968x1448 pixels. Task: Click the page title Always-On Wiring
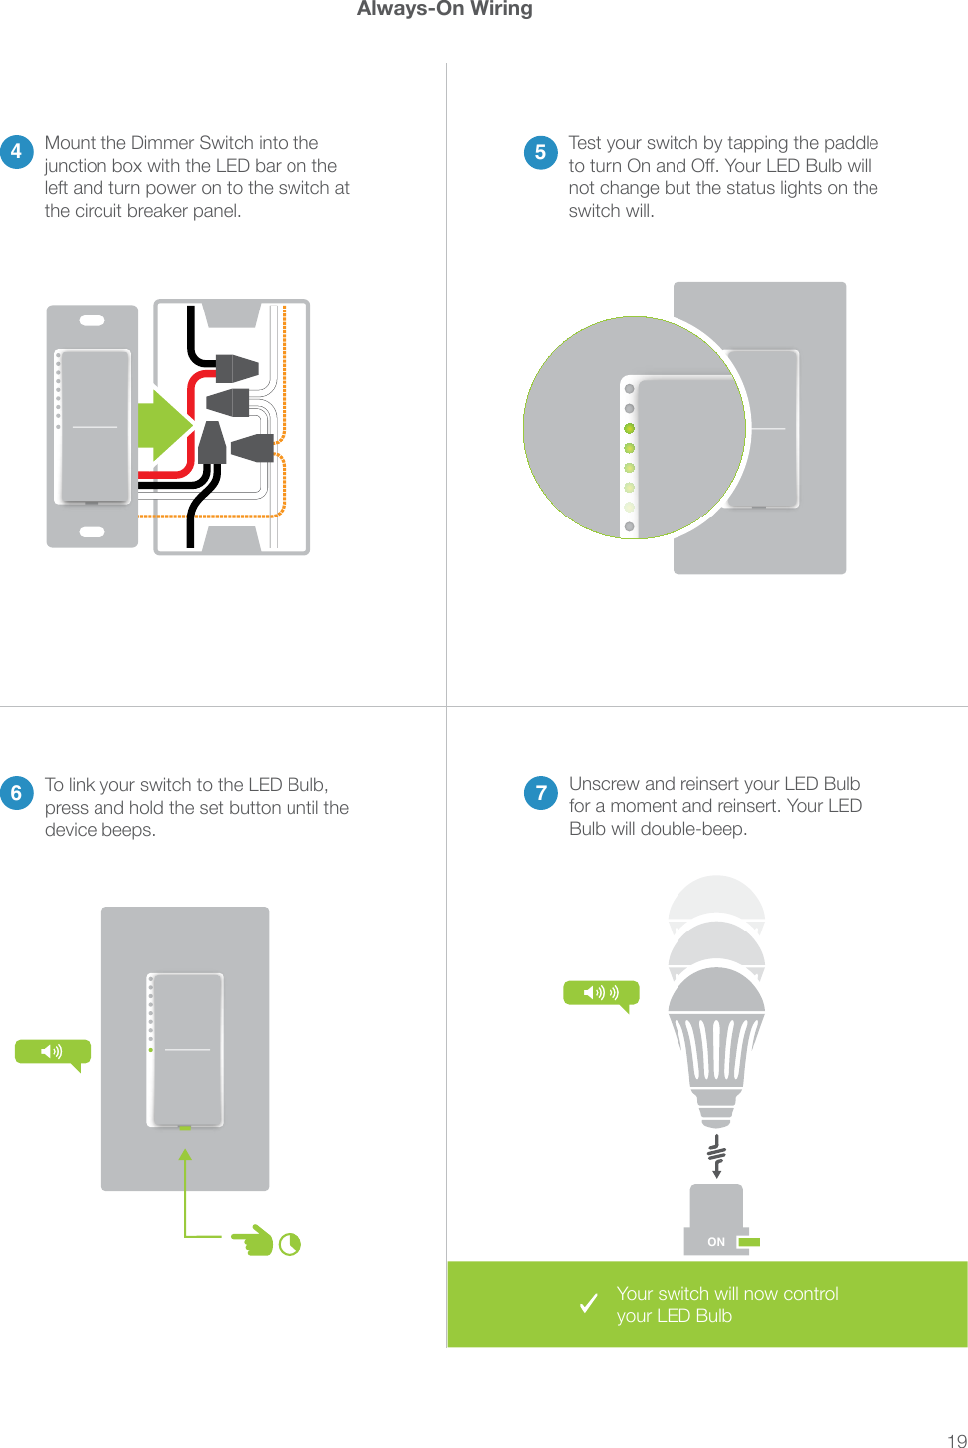[445, 9]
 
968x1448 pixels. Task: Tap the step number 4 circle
[16, 152]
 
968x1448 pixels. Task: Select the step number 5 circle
[540, 152]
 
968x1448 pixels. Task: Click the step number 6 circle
[16, 793]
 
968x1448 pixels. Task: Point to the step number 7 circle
[540, 793]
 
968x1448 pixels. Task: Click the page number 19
[955, 1439]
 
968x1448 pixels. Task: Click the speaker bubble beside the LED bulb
[601, 993]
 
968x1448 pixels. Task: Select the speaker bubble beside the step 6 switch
[52, 1052]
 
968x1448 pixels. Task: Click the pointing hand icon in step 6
[253, 1241]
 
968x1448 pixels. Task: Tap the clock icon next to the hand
[290, 1244]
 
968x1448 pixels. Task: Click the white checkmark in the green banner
[589, 1303]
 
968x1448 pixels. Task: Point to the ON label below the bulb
[716, 1242]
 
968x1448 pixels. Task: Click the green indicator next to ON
[749, 1242]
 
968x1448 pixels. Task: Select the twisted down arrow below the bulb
[716, 1155]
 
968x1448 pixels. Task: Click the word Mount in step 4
[69, 143]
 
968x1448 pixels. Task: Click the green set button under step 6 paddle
[184, 1128]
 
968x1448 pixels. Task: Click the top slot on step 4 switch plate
[92, 321]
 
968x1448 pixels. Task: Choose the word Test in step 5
[585, 143]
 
